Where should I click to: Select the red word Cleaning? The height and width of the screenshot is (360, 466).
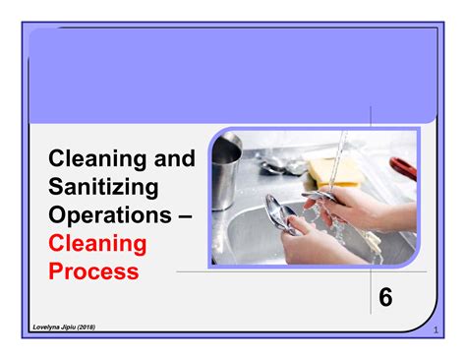[x=97, y=242]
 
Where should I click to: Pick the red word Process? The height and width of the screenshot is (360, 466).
[x=93, y=270]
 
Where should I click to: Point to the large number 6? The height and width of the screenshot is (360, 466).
[x=385, y=296]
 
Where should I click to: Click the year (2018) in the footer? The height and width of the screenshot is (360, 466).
[x=110, y=326]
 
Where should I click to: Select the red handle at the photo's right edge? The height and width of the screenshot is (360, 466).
[x=404, y=167]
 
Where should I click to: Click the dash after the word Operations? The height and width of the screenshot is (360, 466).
[x=183, y=214]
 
